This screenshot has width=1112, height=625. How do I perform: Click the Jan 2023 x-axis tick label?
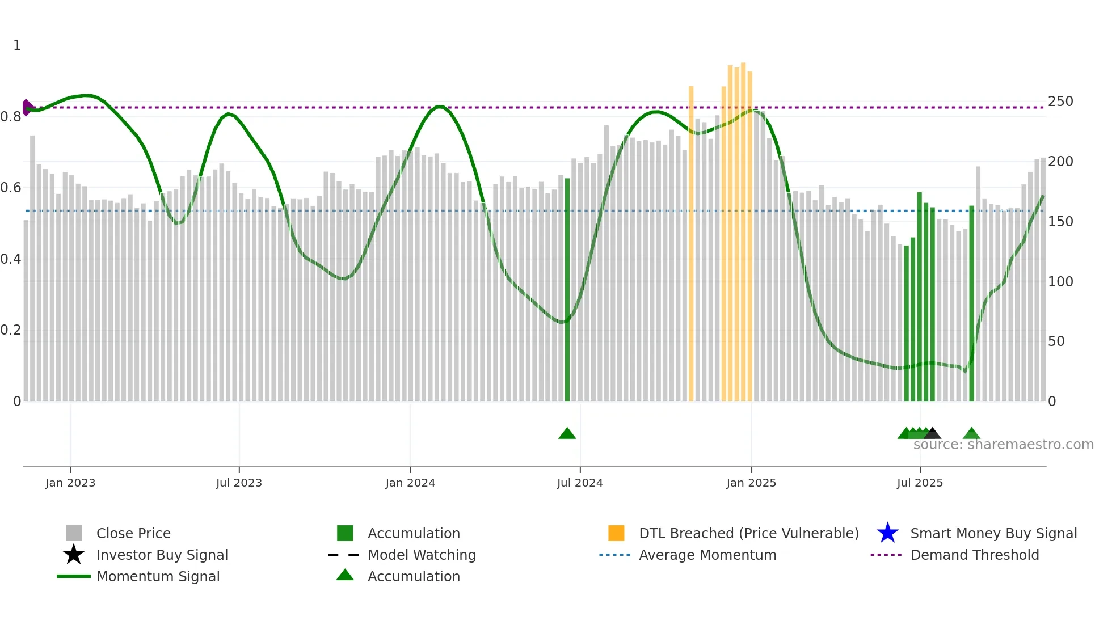point(70,483)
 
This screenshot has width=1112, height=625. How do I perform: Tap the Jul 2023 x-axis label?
point(239,483)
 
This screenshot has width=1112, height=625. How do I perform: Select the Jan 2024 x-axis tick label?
point(410,483)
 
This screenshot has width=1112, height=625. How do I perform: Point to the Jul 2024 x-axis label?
point(580,483)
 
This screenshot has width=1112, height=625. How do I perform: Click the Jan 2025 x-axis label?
point(751,483)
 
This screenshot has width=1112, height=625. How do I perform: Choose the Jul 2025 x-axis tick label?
point(920,483)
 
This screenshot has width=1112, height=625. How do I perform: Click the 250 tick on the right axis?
point(1060,102)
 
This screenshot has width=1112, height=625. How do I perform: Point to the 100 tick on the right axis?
point(1060,282)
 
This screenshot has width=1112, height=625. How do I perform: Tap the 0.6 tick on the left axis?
point(11,188)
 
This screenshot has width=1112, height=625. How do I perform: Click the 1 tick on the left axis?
point(17,45)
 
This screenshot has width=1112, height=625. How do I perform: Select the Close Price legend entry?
point(133,533)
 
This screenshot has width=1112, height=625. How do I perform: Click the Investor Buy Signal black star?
point(74,555)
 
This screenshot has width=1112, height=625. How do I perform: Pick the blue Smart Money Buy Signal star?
point(887,533)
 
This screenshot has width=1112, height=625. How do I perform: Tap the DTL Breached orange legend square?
point(616,533)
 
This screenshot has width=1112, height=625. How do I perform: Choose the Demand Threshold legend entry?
point(974,555)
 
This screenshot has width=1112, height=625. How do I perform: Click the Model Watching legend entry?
point(422,555)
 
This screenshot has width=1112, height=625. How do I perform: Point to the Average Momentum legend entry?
point(707,555)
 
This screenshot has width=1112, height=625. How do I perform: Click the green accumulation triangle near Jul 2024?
point(567,434)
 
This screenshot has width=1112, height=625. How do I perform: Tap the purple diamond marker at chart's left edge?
point(27,107)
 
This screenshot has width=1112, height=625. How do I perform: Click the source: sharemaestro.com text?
point(1003,445)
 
